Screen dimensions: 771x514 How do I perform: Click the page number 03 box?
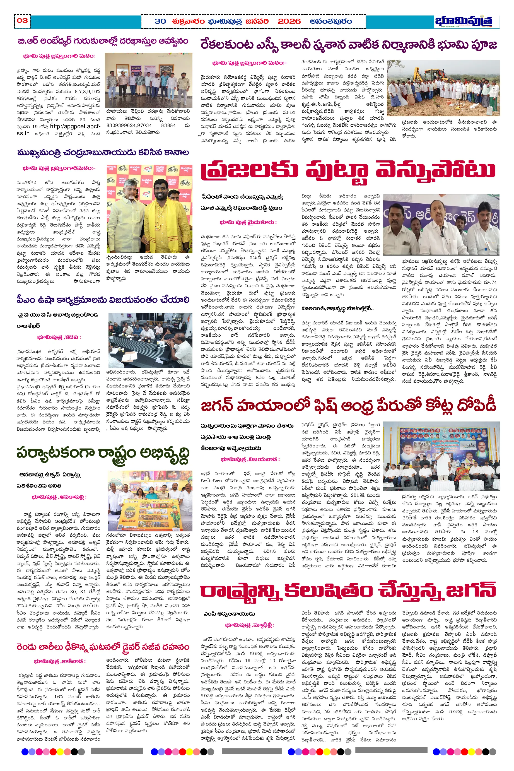(22, 21)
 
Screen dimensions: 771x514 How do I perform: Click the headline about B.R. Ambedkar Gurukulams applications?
(103, 41)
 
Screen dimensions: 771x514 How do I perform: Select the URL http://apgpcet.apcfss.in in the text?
(59, 129)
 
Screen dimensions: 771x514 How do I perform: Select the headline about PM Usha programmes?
(103, 300)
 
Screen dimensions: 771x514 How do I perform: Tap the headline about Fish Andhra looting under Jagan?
(348, 406)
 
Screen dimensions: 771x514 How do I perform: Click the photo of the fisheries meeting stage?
(441, 451)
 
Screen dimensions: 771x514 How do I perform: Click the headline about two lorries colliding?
(103, 647)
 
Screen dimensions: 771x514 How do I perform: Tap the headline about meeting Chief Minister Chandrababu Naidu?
(103, 152)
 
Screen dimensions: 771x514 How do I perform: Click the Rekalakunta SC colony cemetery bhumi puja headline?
(348, 44)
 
